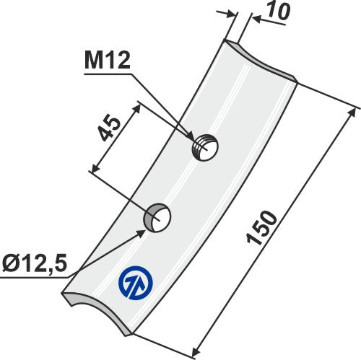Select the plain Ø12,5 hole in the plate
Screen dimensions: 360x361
coord(157,216)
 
